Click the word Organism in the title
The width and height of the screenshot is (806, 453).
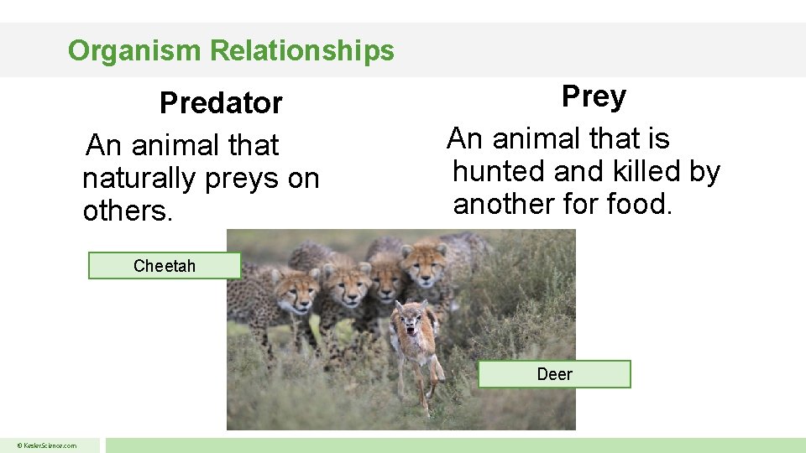click(x=135, y=50)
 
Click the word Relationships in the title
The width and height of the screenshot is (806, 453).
click(x=301, y=50)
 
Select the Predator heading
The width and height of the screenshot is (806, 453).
click(x=221, y=103)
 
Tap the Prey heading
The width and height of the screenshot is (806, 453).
click(x=594, y=96)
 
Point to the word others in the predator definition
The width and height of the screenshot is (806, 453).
click(x=127, y=211)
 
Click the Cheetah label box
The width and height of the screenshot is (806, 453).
click(x=165, y=266)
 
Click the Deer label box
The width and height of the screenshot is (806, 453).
click(x=554, y=374)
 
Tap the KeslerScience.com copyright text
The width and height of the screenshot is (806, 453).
click(x=50, y=445)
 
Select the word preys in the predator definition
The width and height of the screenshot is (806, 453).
click(x=243, y=178)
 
